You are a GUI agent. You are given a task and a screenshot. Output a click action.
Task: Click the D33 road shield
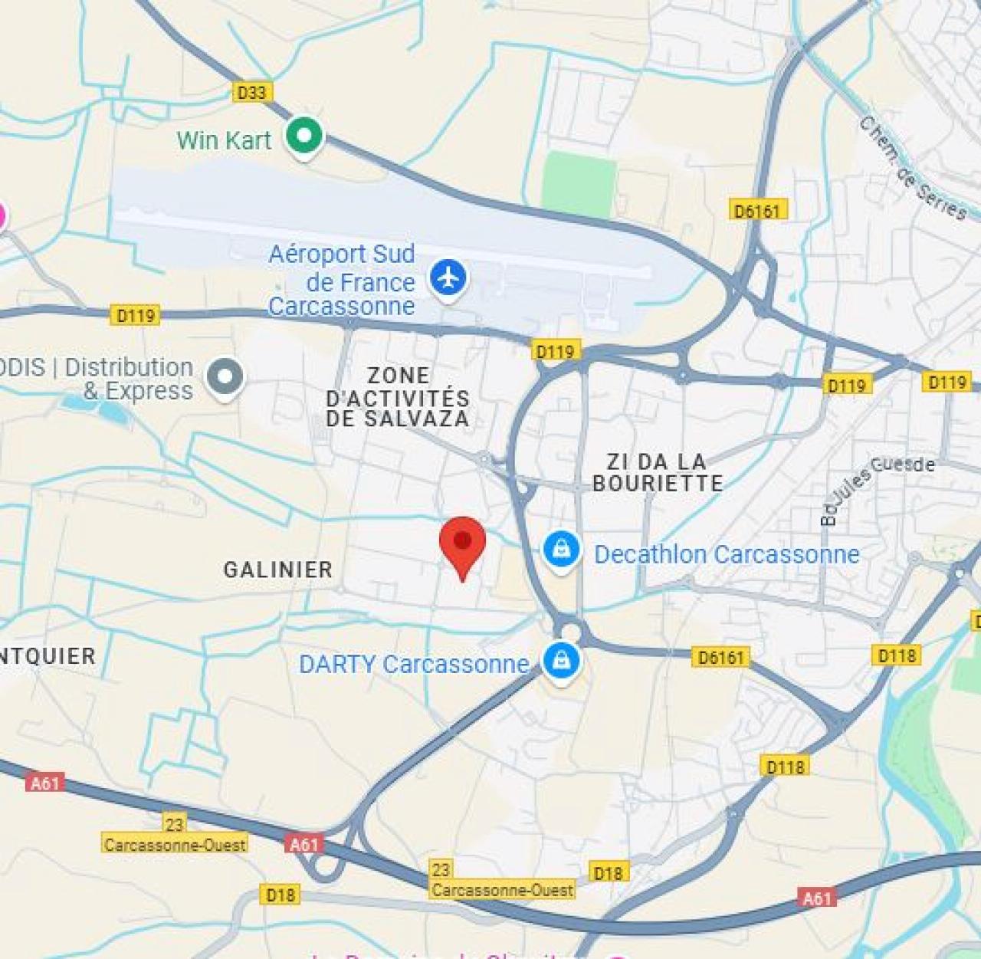pyautogui.click(x=251, y=93)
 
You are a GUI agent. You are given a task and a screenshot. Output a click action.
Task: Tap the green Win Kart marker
pyautogui.click(x=304, y=136)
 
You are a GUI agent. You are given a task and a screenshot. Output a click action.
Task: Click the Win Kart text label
pyautogui.click(x=224, y=140)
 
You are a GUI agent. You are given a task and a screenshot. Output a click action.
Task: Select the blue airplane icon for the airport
pyautogui.click(x=448, y=277)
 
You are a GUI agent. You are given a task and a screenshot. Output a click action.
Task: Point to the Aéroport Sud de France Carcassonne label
pyautogui.click(x=342, y=280)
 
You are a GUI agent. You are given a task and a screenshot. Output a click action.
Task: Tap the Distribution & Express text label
pyautogui.click(x=128, y=379)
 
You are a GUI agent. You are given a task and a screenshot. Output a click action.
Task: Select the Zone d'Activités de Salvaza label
pyautogui.click(x=397, y=397)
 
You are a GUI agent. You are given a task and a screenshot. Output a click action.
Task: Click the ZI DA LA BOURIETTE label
pyautogui.click(x=658, y=472)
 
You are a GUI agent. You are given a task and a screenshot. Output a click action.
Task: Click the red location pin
pyautogui.click(x=462, y=542)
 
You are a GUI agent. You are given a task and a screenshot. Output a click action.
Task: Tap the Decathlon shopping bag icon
pyautogui.click(x=562, y=550)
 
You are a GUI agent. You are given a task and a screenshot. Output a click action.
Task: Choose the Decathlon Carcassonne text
pyautogui.click(x=727, y=554)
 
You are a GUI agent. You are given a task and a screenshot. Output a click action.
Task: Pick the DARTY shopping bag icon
pyautogui.click(x=561, y=659)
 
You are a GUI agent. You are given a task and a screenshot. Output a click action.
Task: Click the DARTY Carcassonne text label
pyautogui.click(x=414, y=664)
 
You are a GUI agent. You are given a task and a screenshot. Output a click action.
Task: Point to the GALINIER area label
pyautogui.click(x=278, y=570)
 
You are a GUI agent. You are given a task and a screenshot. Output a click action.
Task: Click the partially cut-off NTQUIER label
pyautogui.click(x=48, y=656)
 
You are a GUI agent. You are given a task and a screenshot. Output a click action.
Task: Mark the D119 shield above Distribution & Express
pyautogui.click(x=136, y=315)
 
